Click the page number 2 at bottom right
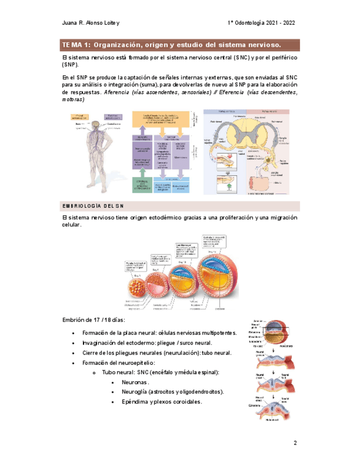(295, 443)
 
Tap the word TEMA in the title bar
(71, 44)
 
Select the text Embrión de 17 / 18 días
(94, 320)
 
